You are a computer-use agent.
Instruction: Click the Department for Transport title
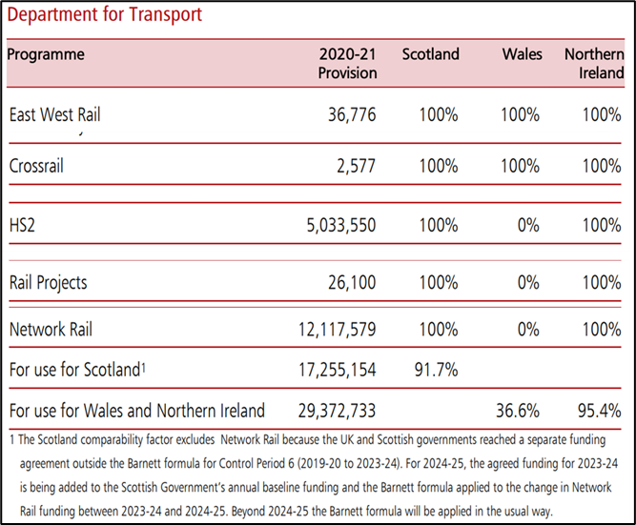104,16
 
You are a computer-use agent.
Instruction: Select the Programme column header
46,54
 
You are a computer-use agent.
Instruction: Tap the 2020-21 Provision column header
348,63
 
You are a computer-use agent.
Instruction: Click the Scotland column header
430,54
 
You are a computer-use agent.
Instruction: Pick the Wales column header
522,54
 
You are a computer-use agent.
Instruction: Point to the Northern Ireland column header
594,63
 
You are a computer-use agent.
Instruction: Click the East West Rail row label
54,115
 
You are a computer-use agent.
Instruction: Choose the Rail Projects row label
49,282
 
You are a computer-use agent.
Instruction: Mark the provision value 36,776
350,115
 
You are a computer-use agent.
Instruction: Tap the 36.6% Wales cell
518,412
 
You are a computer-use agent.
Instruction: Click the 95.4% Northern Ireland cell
599,412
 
